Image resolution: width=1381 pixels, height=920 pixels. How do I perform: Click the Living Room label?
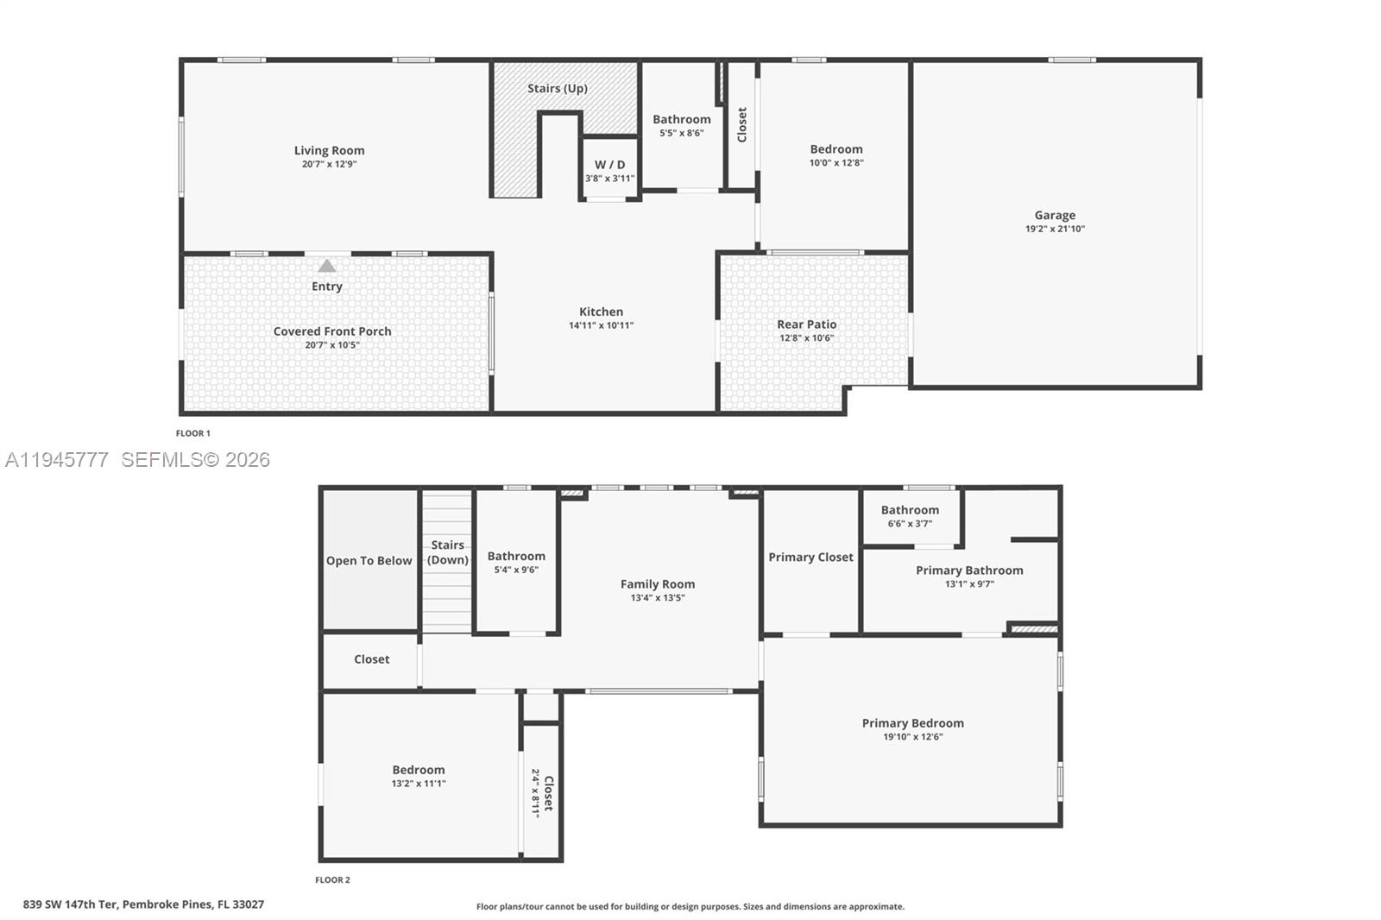(x=329, y=150)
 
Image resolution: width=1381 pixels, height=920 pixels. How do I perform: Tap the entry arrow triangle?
(x=327, y=266)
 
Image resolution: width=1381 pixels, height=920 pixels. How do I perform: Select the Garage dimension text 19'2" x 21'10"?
(x=1055, y=229)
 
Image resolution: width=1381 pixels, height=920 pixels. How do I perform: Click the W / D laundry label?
(x=609, y=165)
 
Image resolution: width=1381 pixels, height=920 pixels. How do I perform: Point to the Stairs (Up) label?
(x=558, y=88)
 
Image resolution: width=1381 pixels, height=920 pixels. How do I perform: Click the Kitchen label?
(x=601, y=312)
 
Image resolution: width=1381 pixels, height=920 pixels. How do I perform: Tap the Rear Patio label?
(x=806, y=325)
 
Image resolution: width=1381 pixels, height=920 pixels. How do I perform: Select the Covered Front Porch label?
(x=332, y=331)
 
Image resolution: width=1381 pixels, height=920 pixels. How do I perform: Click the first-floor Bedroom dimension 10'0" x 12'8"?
(x=836, y=162)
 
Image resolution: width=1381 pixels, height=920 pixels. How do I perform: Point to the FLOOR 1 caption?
(x=193, y=433)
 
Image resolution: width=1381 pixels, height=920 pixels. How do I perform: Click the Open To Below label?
(x=369, y=561)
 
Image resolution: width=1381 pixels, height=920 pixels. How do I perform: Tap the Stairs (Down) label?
(x=448, y=552)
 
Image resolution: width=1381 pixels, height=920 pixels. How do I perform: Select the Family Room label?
(x=657, y=584)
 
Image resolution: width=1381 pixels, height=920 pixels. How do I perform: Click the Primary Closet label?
(x=810, y=558)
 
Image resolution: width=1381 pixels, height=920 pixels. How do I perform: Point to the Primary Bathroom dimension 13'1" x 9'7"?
(x=969, y=583)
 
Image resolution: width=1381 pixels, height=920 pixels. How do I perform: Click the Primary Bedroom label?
(x=912, y=723)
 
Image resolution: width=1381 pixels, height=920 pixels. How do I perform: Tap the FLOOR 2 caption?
(x=332, y=880)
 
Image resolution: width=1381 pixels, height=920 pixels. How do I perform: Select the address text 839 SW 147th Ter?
(x=69, y=904)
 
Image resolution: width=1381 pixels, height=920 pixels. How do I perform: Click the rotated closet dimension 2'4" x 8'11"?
(x=535, y=793)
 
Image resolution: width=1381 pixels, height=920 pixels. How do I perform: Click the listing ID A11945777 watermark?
(x=57, y=460)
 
